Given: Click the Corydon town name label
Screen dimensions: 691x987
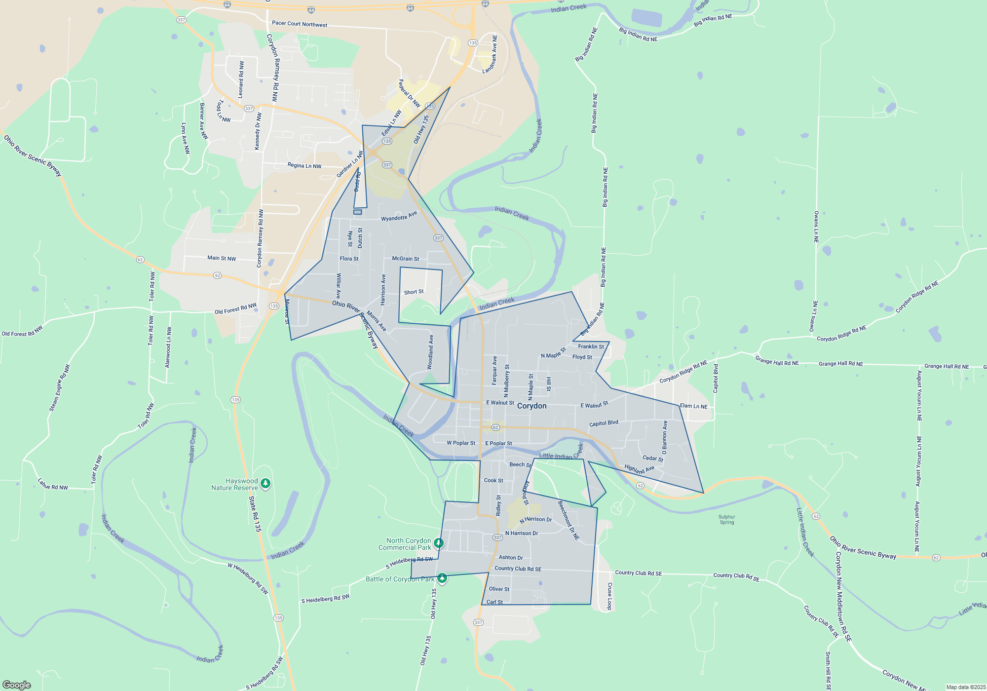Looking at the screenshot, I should (x=531, y=406).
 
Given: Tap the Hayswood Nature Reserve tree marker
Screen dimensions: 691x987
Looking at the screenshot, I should (x=266, y=483).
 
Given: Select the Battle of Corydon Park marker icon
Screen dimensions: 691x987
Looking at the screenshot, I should (x=442, y=578).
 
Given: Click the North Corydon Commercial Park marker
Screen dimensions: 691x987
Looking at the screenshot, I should (x=438, y=543).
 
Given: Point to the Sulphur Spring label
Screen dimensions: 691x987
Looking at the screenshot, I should (x=727, y=519).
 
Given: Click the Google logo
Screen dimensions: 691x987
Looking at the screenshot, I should (x=17, y=685).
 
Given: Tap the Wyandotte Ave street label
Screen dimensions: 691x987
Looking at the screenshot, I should (x=399, y=216).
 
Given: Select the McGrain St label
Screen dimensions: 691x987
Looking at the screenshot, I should (x=405, y=259).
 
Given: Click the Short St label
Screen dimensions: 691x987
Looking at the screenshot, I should (x=414, y=292).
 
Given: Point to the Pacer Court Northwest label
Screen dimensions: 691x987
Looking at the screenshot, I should (x=299, y=24).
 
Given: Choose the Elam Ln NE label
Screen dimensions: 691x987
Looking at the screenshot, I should (x=693, y=406).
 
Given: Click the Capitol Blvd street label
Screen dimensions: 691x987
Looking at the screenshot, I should (x=604, y=423).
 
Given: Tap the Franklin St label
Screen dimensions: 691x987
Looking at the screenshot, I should (x=591, y=346).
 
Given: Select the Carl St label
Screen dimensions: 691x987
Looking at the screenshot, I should (x=494, y=602).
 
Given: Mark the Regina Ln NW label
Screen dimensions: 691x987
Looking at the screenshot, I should (x=304, y=166).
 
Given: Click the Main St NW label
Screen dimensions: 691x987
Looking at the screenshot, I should (x=222, y=258).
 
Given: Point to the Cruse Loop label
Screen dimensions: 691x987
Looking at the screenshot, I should (x=609, y=596).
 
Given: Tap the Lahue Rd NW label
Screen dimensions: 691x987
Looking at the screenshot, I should (x=53, y=484).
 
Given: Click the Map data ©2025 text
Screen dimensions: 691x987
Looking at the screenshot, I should (x=966, y=687).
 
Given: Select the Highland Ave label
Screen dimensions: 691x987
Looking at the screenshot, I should (x=639, y=469).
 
